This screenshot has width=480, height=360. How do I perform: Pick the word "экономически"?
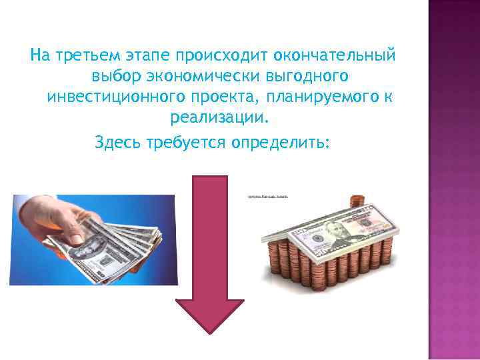click(x=193, y=75)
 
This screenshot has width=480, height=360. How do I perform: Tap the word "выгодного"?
click(x=293, y=75)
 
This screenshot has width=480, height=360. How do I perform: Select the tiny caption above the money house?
click(x=267, y=197)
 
